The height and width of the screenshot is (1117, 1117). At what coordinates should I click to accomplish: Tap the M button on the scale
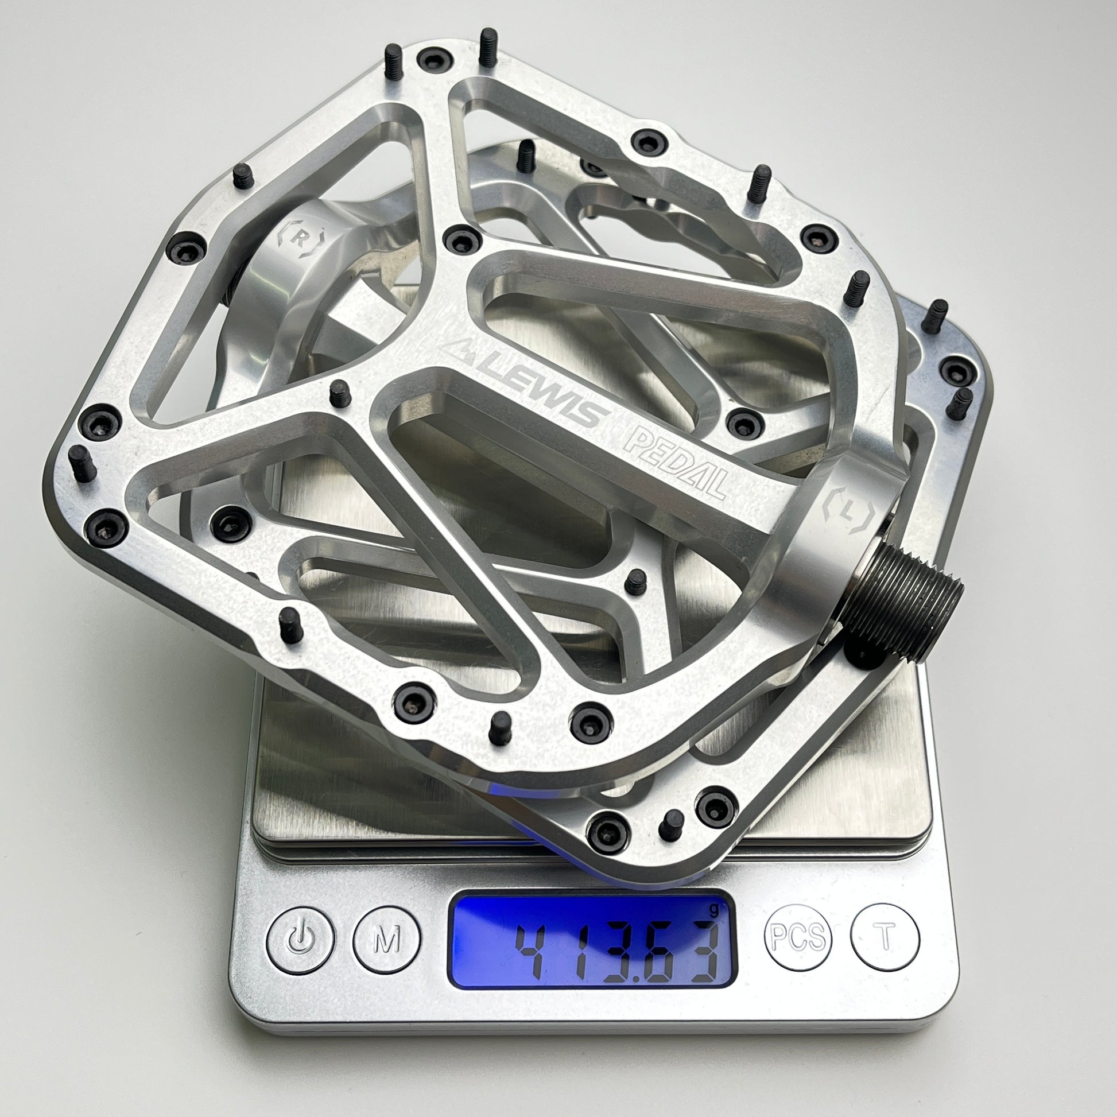[x=387, y=940]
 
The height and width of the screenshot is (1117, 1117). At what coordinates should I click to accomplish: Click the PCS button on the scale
[x=798, y=937]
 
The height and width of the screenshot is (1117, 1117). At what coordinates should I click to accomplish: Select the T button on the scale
[x=885, y=937]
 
